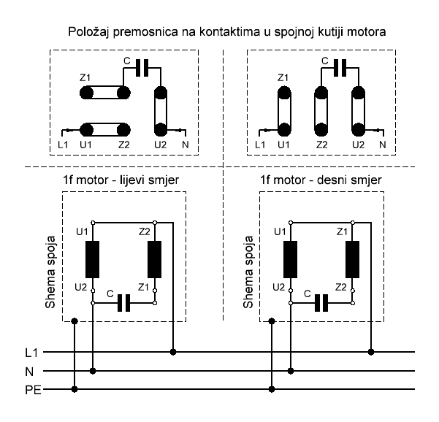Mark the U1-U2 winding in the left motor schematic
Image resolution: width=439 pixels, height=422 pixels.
point(93,258)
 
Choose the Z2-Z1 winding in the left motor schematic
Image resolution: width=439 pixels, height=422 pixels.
point(154,258)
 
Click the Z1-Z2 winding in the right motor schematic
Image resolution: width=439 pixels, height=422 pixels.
point(351,258)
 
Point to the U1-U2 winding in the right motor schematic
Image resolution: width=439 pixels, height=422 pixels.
point(291,258)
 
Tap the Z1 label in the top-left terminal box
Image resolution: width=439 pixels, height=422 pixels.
point(86,77)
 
